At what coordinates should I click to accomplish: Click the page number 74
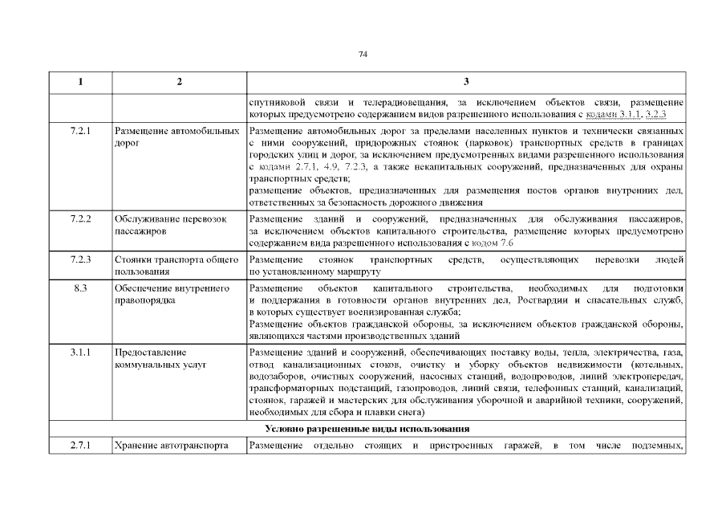tap(363, 54)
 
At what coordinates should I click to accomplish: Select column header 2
tap(179, 82)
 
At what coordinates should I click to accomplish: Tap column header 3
tap(466, 82)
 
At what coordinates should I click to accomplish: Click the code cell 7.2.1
tap(80, 129)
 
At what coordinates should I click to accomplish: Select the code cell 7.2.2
tap(80, 219)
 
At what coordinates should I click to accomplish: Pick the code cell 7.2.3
tap(80, 260)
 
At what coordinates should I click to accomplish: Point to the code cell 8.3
tap(80, 288)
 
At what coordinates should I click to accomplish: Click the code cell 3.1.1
tap(80, 353)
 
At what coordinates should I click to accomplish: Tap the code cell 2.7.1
tap(80, 445)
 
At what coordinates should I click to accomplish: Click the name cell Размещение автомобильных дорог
tap(177, 136)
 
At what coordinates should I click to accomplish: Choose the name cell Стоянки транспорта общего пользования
tap(176, 266)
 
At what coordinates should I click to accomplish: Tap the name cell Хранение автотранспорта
tap(171, 445)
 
